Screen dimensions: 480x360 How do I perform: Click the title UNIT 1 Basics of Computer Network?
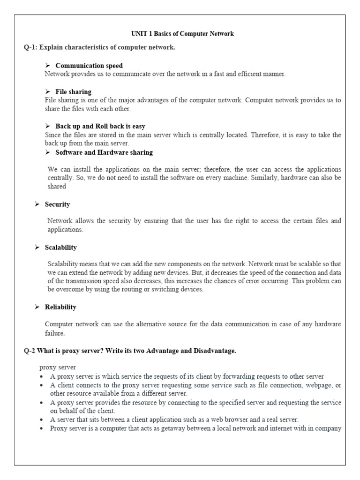(181, 34)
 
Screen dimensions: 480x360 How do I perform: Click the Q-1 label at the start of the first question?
(32, 48)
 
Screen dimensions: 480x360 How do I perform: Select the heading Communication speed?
(89, 66)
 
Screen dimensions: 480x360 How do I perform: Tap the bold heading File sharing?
(73, 92)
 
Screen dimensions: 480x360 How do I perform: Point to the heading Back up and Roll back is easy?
(100, 126)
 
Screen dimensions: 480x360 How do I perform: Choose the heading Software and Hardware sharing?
(104, 152)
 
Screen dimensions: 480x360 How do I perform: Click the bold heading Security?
(57, 204)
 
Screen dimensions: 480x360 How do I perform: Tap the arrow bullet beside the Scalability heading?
(37, 247)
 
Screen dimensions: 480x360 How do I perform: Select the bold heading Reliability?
(60, 307)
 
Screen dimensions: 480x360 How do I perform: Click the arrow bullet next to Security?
(37, 204)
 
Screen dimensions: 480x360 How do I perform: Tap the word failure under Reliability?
(54, 333)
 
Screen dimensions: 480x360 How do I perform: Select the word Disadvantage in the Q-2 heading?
(212, 351)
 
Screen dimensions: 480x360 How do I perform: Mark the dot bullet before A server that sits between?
(43, 420)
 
